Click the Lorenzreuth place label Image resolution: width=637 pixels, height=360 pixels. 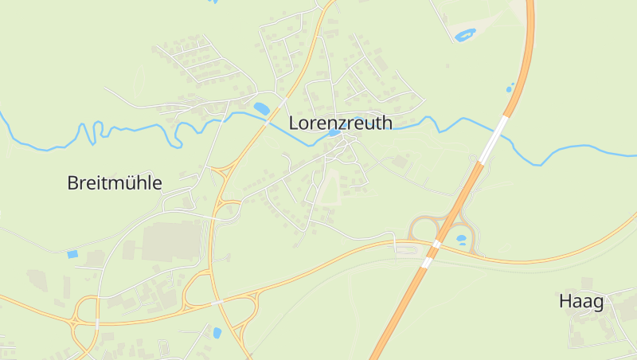340,123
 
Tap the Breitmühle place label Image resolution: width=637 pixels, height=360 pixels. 115,182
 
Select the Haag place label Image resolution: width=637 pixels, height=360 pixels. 580,301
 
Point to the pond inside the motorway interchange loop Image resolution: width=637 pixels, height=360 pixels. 460,238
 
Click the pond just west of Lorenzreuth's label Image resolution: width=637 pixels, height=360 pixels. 261,108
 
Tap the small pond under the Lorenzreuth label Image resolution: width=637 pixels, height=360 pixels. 334,134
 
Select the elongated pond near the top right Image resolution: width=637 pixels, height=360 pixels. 464,35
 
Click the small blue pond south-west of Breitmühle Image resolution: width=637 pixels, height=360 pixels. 72,254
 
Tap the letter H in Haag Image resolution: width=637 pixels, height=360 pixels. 565,301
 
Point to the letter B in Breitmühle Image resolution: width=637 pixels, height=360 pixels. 72,182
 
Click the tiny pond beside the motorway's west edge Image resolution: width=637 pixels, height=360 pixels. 510,88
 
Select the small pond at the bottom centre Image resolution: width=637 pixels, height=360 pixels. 217,332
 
